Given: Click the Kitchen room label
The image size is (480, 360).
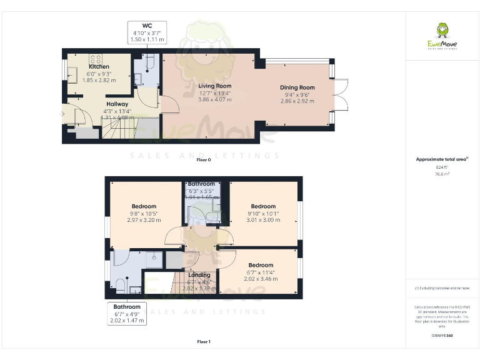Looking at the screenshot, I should click(99, 66).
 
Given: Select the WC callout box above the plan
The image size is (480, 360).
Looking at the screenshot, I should click(147, 32).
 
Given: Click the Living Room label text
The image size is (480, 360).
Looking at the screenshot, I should click(215, 86).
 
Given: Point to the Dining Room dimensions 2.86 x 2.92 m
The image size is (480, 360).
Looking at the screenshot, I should click(297, 101).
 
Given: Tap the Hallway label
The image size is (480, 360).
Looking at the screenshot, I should click(117, 104).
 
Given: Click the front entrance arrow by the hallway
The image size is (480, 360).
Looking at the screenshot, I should click(61, 114).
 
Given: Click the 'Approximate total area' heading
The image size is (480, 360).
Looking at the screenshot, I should click(442, 159).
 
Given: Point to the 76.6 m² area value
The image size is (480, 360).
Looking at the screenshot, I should click(442, 174).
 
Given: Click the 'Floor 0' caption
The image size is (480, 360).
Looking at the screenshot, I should click(204, 160).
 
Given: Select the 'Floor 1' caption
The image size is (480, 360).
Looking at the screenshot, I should click(204, 342).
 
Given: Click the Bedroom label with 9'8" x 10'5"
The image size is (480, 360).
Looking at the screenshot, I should click(144, 206).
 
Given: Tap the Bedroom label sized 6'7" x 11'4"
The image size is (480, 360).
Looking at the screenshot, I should click(261, 265).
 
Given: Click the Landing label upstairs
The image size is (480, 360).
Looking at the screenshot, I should click(200, 275).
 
